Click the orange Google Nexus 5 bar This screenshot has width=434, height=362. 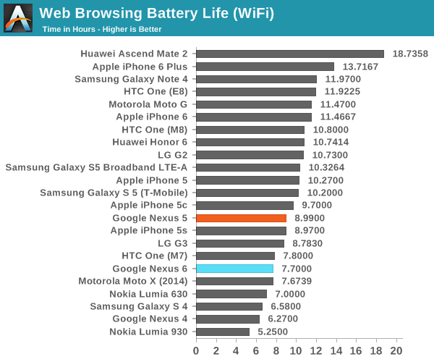tap(241, 218)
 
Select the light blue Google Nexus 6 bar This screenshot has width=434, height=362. tap(234, 269)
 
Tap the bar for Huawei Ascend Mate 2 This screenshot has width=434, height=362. tap(289, 54)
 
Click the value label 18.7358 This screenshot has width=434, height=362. tap(410, 54)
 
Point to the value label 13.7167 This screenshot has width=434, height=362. tap(359, 67)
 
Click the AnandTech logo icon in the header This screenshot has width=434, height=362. tap(18, 18)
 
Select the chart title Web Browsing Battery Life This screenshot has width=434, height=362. tap(156, 13)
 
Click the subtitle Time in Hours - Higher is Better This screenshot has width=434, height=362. tap(101, 29)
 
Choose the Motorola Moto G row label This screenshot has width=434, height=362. tap(148, 104)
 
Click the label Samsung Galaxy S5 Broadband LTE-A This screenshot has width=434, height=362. tap(96, 167)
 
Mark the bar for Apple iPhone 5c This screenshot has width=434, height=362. tap(244, 206)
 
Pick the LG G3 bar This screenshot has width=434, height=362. tap(239, 243)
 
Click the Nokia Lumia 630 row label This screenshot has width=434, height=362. tap(148, 294)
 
